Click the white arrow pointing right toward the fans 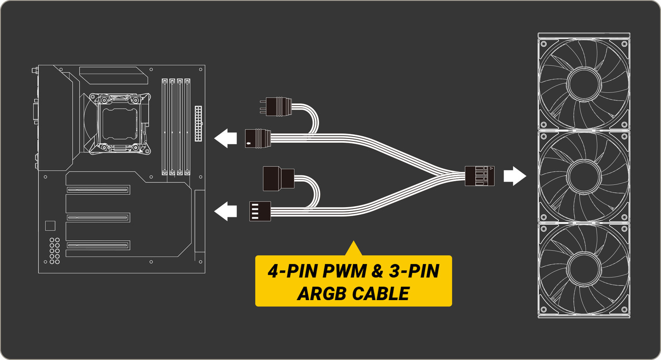[x=515, y=176]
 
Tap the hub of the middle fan [x=584, y=176]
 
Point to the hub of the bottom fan [x=584, y=269]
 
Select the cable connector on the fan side [x=479, y=176]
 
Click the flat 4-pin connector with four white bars [x=260, y=211]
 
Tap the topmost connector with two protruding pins [x=278, y=107]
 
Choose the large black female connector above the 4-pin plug [x=278, y=178]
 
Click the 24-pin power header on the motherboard [x=198, y=123]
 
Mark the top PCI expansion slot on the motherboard [x=98, y=190]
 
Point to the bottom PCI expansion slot [x=98, y=245]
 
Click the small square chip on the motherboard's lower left [x=50, y=226]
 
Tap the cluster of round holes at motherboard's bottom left [x=54, y=251]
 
